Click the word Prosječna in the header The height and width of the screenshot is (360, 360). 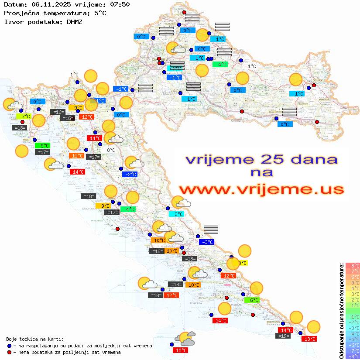pos(21,13)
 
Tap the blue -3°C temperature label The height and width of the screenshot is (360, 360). pos(206,242)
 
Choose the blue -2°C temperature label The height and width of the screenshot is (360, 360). pos(130,174)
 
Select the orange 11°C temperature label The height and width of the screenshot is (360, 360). pos(77,155)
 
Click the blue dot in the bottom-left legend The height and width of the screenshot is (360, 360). pos(9,346)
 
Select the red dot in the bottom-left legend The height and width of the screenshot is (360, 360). pos(9,352)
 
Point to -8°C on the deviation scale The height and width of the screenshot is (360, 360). pos(352,357)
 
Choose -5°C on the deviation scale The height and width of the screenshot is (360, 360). pos(352,339)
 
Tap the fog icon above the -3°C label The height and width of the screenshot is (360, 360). pos(211,230)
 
